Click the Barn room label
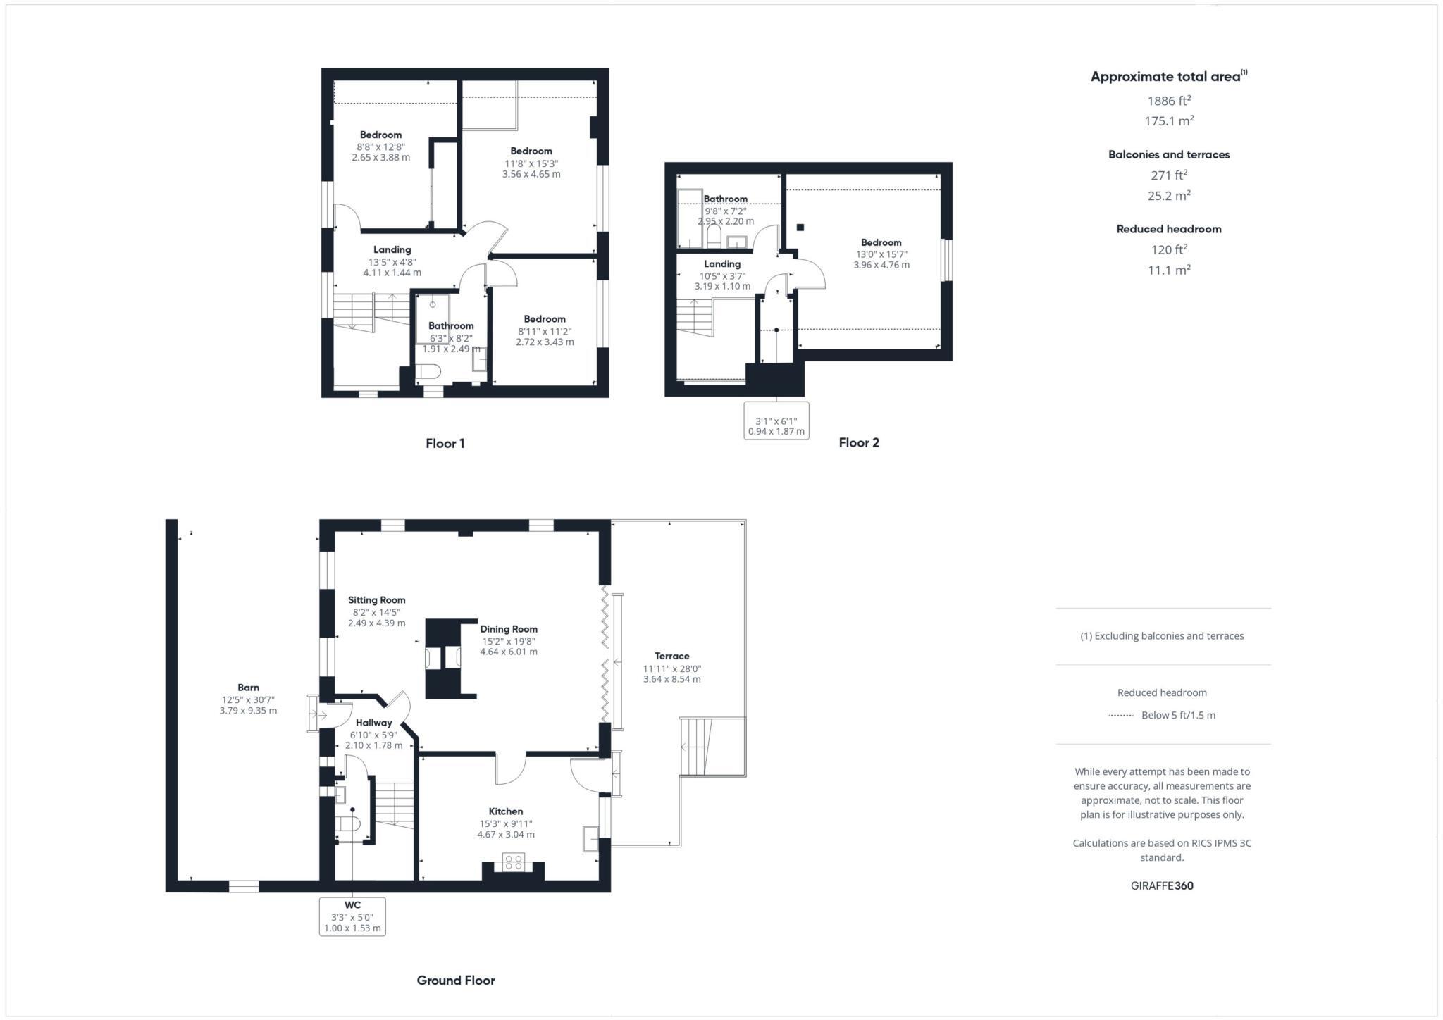[248, 688]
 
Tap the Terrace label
[671, 656]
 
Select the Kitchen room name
[506, 811]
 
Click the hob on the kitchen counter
[513, 862]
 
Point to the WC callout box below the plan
[352, 916]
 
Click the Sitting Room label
[377, 600]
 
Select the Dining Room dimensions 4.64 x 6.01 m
[509, 652]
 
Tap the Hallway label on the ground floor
[373, 723]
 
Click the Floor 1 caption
[445, 443]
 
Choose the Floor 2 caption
[859, 442]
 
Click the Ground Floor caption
[456, 981]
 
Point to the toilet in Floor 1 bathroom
[428, 371]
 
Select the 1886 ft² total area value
[1169, 101]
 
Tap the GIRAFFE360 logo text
[1162, 886]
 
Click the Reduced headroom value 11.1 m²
[1169, 270]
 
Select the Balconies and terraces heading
[1169, 155]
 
